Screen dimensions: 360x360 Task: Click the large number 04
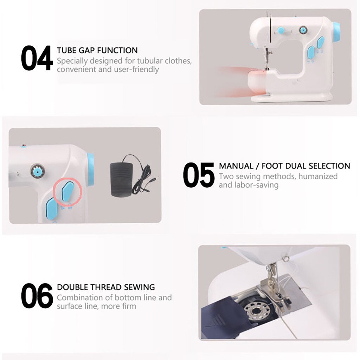pos(37,58)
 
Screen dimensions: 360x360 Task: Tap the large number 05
pos(199,174)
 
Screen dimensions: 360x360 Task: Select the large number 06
pos(37,296)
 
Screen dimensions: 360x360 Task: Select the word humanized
pos(318,176)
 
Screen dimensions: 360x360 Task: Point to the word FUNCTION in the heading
pos(118,50)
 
